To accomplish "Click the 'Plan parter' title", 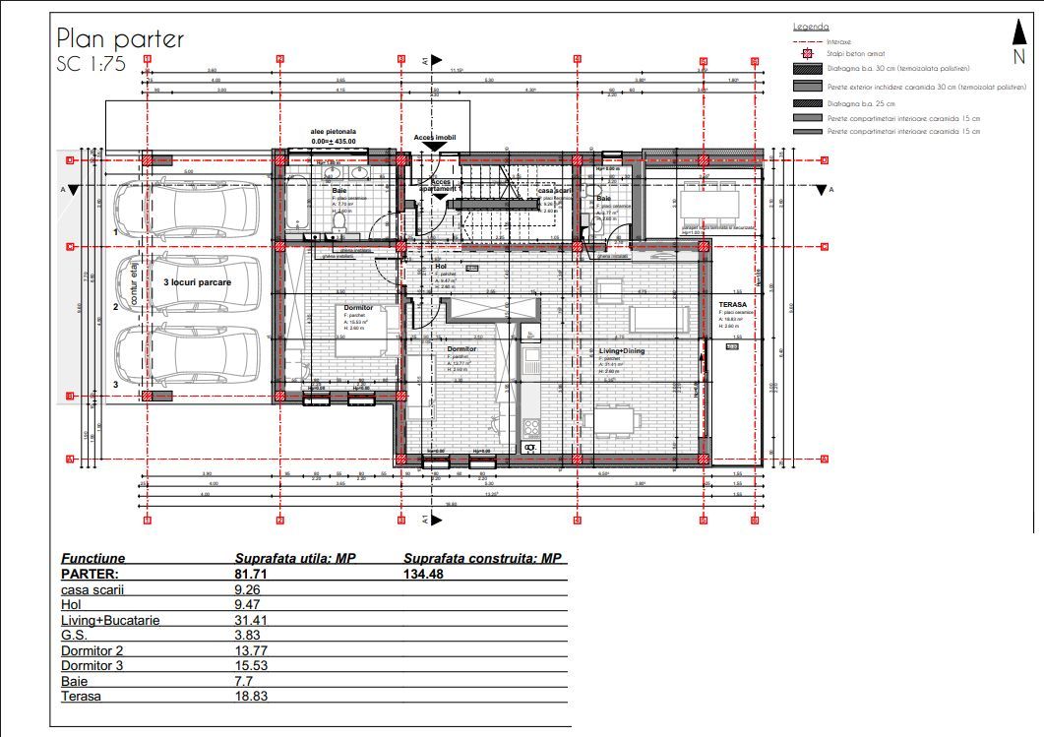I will [x=120, y=38].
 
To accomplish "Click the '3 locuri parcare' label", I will [x=197, y=281].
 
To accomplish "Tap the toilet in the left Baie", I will [x=338, y=225].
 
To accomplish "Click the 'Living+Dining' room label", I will [x=622, y=349].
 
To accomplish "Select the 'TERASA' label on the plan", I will [x=730, y=305].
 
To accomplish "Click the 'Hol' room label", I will [x=441, y=266].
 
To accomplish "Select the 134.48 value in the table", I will [x=424, y=574].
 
